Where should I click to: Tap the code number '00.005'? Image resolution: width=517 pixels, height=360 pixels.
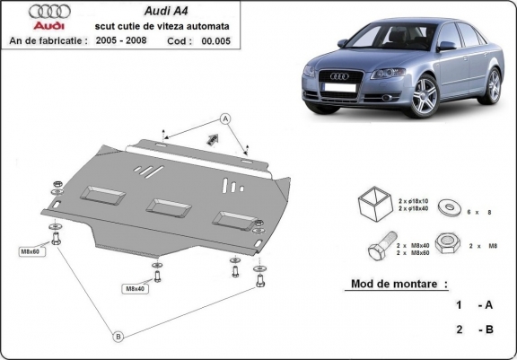pyautogui.click(x=216, y=41)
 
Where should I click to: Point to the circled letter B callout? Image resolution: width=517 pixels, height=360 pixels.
pyautogui.click(x=117, y=337)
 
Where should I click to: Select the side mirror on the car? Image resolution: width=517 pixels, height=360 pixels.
pyautogui.click(x=445, y=45)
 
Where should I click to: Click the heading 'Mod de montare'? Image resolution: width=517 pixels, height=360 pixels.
pyautogui.click(x=394, y=284)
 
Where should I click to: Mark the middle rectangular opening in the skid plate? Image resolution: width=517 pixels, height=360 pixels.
pyautogui.click(x=167, y=206)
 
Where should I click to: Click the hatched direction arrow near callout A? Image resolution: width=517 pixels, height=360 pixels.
pyautogui.click(x=213, y=138)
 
